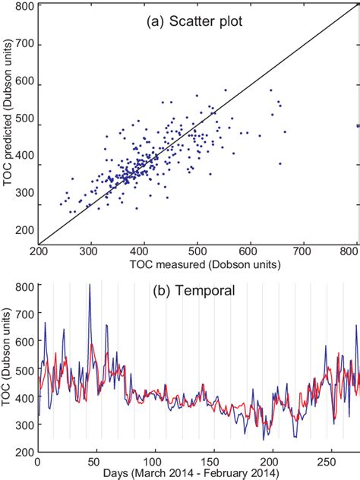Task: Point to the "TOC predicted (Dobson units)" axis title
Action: click(9, 133)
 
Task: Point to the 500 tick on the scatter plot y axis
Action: click(25, 125)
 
